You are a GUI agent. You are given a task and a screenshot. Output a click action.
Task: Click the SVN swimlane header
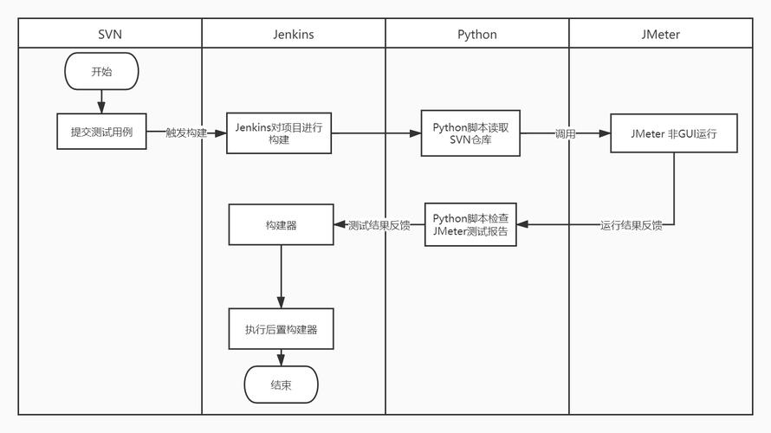(x=110, y=35)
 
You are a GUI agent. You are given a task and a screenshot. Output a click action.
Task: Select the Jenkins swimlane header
(x=294, y=35)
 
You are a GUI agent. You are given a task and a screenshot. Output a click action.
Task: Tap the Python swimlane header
(x=477, y=35)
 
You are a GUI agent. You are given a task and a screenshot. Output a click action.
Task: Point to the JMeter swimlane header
(x=661, y=35)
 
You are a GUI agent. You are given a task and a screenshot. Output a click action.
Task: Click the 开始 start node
(x=101, y=72)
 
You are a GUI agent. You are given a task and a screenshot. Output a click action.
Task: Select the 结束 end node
(x=281, y=385)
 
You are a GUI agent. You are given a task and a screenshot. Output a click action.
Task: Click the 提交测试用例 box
(x=101, y=132)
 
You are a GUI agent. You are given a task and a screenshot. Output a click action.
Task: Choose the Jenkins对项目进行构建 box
(x=279, y=133)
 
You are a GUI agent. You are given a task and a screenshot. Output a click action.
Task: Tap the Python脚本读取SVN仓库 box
(x=470, y=133)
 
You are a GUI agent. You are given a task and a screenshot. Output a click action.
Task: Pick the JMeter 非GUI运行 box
(x=674, y=133)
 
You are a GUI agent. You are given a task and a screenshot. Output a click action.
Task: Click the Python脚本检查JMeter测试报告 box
(x=470, y=225)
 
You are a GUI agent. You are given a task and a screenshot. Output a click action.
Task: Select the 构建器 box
(x=281, y=225)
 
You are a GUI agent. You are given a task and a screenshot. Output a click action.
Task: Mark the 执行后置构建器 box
(x=281, y=329)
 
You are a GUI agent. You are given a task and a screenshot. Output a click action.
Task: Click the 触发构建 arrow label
(x=186, y=133)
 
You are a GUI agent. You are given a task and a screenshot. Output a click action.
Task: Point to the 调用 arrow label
(x=565, y=133)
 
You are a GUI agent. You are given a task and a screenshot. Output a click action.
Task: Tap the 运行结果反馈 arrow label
(x=632, y=225)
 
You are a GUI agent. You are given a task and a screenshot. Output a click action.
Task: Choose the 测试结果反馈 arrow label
(x=379, y=225)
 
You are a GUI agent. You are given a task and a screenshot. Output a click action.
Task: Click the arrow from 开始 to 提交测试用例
(x=101, y=101)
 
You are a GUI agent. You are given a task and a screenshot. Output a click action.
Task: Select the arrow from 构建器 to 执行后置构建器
(x=281, y=276)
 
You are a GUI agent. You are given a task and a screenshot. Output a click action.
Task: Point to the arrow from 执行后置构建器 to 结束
(x=281, y=358)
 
